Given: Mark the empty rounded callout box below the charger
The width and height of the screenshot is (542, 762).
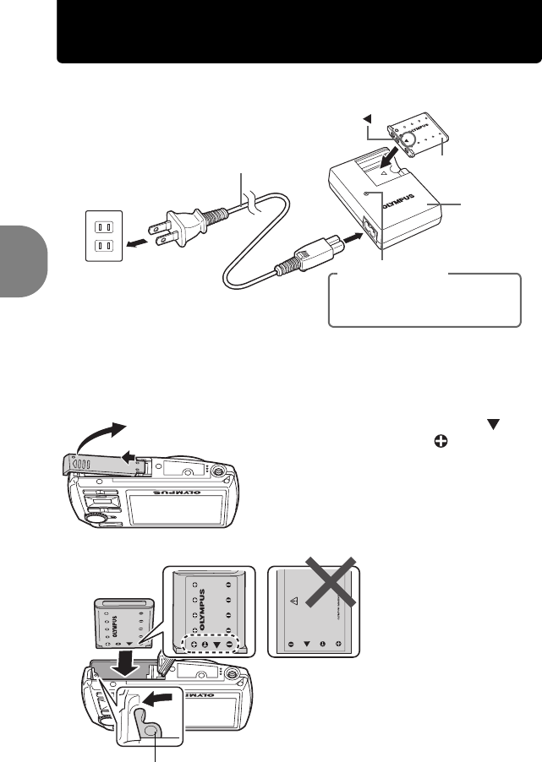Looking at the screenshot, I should point(424,301).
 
